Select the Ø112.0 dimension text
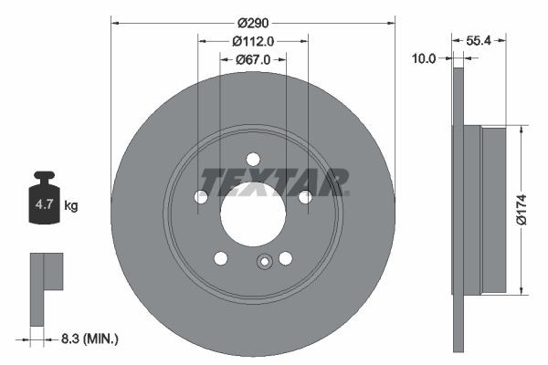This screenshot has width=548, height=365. (x=253, y=41)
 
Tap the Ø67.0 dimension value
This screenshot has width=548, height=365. (x=253, y=59)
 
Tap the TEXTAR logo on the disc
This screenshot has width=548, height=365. (x=274, y=182)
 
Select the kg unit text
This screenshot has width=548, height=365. (x=71, y=206)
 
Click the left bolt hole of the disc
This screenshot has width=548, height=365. (x=201, y=196)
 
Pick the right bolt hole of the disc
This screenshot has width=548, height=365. (x=305, y=196)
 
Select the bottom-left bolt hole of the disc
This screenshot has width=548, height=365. (x=220, y=258)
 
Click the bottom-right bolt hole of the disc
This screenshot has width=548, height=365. (x=285, y=258)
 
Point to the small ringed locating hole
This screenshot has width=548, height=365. (x=264, y=264)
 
